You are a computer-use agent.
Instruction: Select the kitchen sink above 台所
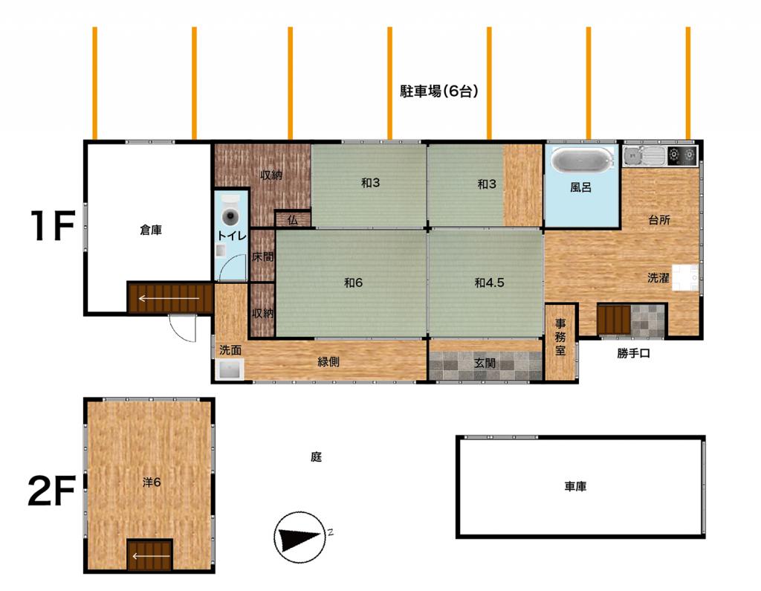click(645, 155)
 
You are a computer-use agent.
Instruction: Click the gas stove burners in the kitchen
click(682, 155)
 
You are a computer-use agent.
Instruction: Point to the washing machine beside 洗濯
click(684, 277)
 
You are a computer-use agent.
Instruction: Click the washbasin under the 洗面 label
click(230, 369)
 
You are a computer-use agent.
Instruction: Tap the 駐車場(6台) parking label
click(438, 91)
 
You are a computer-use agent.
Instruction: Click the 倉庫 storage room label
click(150, 230)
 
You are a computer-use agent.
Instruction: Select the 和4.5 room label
click(489, 282)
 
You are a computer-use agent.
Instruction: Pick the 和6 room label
click(353, 282)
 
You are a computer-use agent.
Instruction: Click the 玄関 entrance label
click(485, 363)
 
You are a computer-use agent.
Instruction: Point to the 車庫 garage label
click(576, 486)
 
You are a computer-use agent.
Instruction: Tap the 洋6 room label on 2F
click(152, 482)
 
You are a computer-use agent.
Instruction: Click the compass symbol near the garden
click(300, 537)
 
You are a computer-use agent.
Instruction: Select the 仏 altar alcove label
click(292, 220)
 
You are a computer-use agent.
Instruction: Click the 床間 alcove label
click(262, 257)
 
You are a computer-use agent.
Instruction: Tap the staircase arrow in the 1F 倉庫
click(169, 298)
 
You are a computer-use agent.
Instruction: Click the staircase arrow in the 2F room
click(150, 557)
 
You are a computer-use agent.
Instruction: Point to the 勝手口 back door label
click(633, 354)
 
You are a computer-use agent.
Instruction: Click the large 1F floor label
click(53, 226)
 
